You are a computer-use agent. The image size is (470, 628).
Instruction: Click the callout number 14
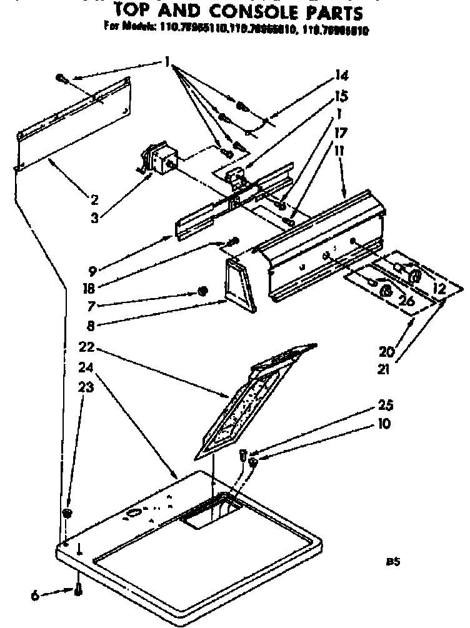click(342, 76)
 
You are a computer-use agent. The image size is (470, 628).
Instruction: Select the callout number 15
click(342, 97)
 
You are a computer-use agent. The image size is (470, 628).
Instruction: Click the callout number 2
click(94, 200)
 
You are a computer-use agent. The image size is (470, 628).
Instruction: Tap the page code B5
click(392, 562)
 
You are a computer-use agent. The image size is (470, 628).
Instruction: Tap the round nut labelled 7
click(202, 291)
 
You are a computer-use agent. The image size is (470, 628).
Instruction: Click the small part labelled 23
click(66, 513)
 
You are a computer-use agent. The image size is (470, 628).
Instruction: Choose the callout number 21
click(383, 369)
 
